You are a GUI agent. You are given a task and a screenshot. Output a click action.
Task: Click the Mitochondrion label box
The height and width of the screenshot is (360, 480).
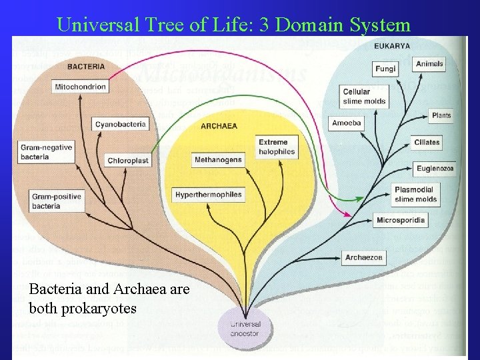point(79,87)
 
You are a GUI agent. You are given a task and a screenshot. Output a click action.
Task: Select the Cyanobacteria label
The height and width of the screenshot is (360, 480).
point(120,124)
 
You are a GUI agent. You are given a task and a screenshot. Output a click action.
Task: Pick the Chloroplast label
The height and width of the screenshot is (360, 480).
point(127,161)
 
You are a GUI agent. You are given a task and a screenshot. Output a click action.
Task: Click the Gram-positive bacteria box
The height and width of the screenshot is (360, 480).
point(57,201)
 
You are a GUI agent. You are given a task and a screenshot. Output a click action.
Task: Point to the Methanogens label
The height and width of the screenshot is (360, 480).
point(218,160)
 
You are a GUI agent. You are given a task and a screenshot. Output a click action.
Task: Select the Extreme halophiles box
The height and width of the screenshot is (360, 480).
point(276,147)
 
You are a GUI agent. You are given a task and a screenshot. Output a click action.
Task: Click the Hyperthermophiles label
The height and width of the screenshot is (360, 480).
point(209,195)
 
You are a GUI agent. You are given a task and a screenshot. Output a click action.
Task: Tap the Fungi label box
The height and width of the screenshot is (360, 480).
point(385,69)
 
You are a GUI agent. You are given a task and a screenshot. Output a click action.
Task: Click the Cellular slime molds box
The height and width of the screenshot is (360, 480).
point(365,97)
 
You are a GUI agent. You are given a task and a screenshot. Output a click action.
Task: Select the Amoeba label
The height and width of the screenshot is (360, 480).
point(347,123)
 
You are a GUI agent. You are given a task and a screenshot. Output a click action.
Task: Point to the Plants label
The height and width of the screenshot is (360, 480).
point(441,115)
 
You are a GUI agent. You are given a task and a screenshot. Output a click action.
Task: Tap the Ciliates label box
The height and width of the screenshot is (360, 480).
point(427,142)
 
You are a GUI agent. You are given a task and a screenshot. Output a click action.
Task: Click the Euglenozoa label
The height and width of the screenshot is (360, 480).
point(435,169)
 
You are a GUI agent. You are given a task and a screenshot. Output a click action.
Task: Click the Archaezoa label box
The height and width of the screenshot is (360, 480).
point(364,257)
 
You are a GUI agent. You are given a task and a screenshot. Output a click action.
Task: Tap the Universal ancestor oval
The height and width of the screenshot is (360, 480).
point(245,329)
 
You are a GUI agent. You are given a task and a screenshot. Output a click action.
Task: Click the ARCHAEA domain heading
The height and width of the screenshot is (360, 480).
point(219,126)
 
